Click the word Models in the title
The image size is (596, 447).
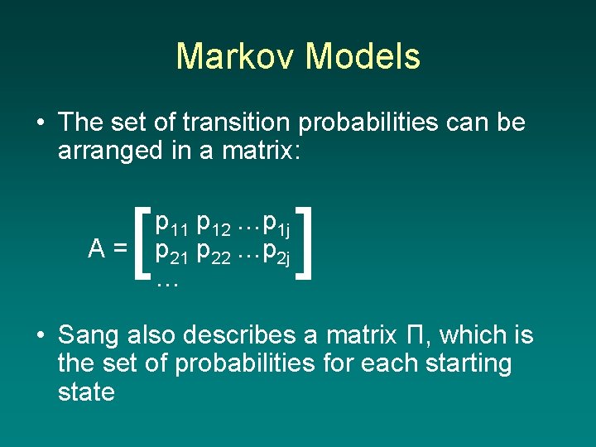[363, 56]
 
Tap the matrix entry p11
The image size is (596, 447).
[172, 223]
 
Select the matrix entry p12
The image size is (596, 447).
[214, 223]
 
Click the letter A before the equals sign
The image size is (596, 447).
[97, 248]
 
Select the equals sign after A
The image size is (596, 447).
[121, 248]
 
